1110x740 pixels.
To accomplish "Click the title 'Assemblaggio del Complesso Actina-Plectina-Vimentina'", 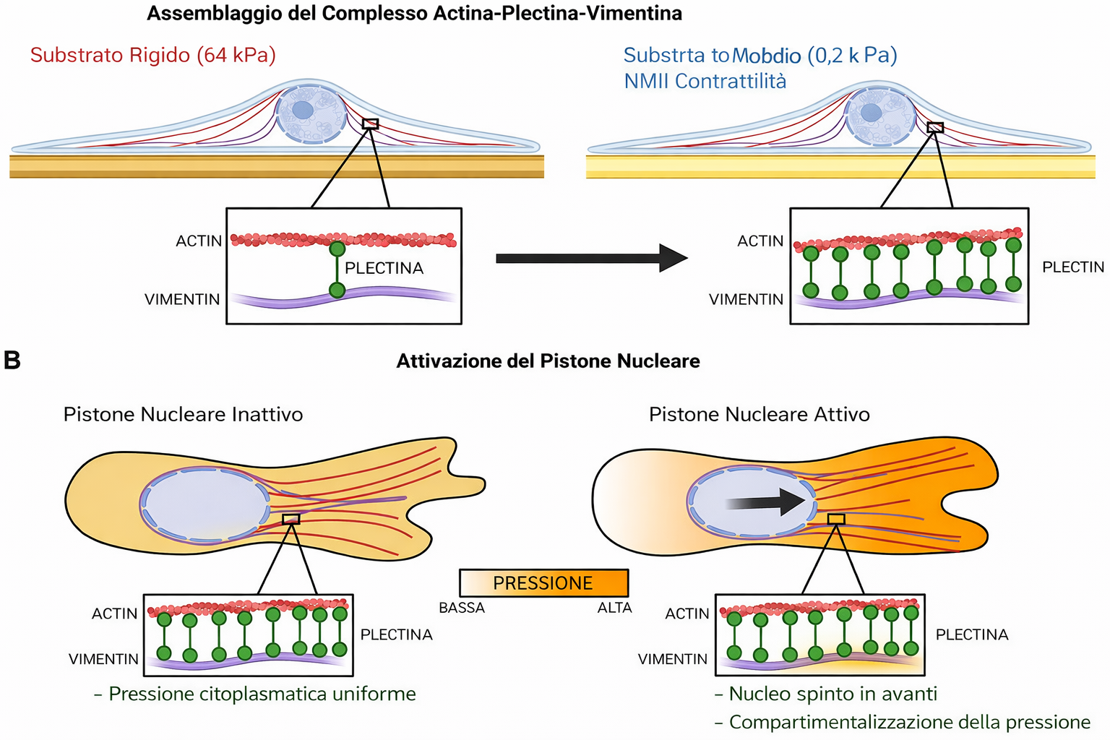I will (x=414, y=14).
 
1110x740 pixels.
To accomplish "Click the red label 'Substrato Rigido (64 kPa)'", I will (x=153, y=55).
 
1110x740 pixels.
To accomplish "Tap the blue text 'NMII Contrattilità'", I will (x=705, y=81).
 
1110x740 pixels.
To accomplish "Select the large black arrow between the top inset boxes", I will (x=591, y=258).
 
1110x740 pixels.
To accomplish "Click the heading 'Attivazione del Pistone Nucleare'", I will (x=548, y=361).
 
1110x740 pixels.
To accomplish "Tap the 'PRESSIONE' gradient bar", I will (x=543, y=582).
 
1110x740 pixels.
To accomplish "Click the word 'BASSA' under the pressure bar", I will (x=462, y=608).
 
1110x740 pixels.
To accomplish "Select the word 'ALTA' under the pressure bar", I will (x=614, y=608).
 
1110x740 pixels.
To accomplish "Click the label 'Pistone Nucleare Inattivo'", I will (x=183, y=414).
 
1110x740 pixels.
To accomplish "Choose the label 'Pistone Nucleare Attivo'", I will (x=759, y=414).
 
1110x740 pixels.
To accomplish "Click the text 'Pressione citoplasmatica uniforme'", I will (x=262, y=694).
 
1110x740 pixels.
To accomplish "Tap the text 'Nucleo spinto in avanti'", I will (x=832, y=694).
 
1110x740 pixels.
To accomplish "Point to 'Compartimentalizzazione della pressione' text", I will (x=909, y=722).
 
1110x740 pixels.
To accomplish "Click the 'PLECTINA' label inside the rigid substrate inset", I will (x=384, y=268).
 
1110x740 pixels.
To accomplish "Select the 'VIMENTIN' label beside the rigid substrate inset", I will (x=182, y=299).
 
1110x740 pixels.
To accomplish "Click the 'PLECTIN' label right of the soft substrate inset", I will (x=1073, y=267).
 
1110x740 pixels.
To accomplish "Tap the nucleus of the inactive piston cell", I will (x=205, y=502).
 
